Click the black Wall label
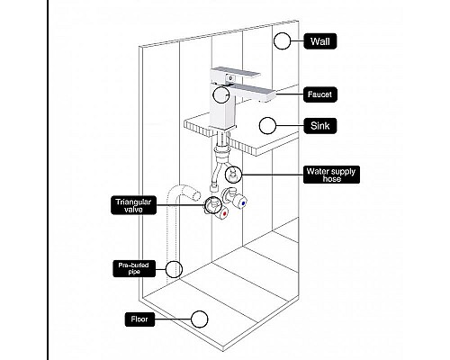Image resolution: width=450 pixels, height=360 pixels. click(x=320, y=41)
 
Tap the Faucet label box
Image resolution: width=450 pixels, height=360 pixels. click(x=320, y=94)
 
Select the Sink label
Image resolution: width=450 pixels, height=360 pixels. click(x=320, y=126)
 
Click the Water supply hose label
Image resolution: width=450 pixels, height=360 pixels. click(x=331, y=175)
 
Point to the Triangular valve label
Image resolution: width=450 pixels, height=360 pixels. click(x=133, y=205)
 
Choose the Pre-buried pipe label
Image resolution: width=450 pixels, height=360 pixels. click(x=134, y=268)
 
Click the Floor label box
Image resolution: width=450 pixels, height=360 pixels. click(x=139, y=319)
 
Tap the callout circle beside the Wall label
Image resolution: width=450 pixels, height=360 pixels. click(x=282, y=41)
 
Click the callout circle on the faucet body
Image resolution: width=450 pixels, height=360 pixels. click(x=221, y=94)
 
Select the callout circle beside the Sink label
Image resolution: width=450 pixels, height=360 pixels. click(x=267, y=126)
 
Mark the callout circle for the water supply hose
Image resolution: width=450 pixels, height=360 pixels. click(x=233, y=175)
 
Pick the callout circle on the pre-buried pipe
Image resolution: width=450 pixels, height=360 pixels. click(x=174, y=269)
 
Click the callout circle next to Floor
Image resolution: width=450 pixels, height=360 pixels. click(x=199, y=319)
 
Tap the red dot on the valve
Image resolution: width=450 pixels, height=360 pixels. click(x=224, y=214)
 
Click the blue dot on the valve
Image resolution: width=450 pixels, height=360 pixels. click(x=243, y=203)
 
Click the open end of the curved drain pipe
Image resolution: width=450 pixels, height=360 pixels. click(x=196, y=194)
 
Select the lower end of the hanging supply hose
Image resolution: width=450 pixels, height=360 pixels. click(x=213, y=188)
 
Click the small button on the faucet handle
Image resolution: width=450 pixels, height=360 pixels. click(x=230, y=78)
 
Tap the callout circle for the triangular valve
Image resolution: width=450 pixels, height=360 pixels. click(x=213, y=205)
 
